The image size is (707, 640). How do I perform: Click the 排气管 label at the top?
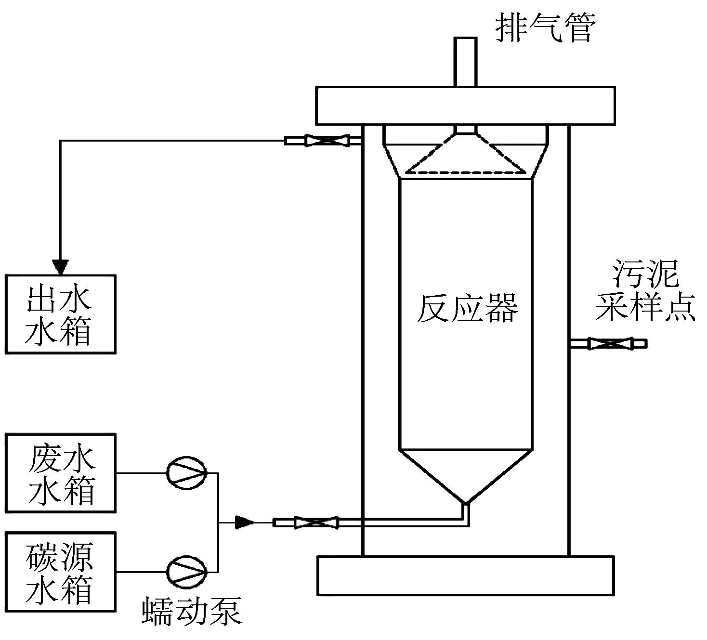[546, 27]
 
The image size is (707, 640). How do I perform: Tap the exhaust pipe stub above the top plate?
[465, 62]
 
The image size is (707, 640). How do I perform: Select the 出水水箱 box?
[61, 314]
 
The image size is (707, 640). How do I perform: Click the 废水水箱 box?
[61, 473]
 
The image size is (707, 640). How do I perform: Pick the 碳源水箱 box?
[61, 572]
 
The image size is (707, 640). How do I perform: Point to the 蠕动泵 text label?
[192, 612]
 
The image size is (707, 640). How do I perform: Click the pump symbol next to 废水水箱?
[186, 473]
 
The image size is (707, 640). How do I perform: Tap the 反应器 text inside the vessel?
[467, 308]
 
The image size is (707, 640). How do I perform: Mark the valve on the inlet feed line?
[316, 522]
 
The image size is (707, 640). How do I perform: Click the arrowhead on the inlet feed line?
[244, 522]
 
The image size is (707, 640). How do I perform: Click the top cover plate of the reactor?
[465, 105]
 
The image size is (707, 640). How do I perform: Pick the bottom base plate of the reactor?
[465, 575]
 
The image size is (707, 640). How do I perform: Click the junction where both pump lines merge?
[219, 522]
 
